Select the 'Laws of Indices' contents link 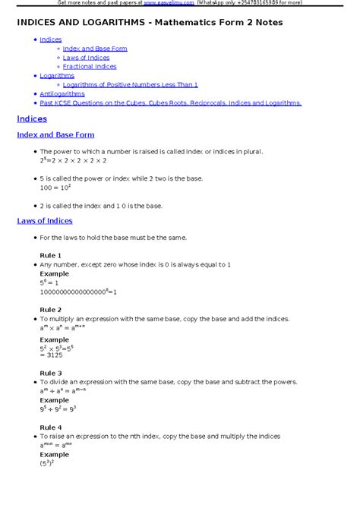[86, 58]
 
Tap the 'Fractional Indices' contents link [90, 67]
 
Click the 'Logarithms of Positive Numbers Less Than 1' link [130, 85]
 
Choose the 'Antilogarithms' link [62, 94]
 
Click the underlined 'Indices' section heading [32, 119]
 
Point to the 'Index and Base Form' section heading [55, 135]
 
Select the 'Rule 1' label [50, 255]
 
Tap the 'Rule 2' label [50, 310]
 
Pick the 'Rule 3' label [50, 373]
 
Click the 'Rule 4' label [50, 428]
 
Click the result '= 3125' [52, 355]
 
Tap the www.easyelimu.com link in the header [166, 3]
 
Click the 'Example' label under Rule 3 [54, 400]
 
